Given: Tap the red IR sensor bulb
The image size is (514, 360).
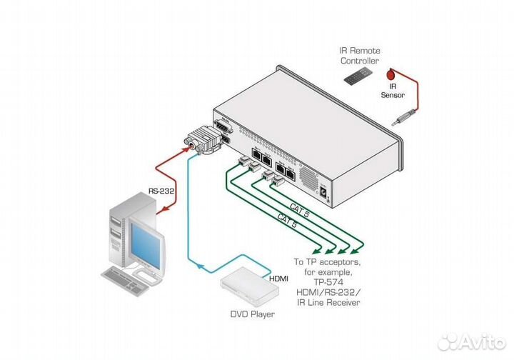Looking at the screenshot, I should pos(390,74).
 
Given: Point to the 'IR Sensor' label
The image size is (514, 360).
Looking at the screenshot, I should pos(392,91).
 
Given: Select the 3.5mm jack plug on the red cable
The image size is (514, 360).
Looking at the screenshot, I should pos(403,121).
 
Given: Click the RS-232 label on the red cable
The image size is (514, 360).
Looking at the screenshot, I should pos(159,191).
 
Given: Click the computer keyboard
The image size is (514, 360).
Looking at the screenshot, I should pos(129,278).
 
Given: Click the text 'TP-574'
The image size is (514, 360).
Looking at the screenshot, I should pos(326,282).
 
